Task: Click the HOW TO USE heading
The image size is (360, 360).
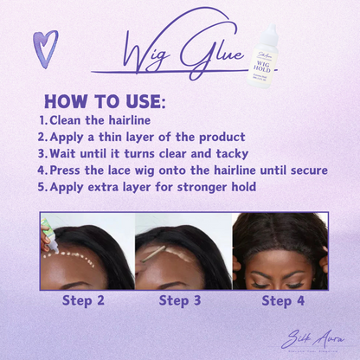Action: click(105, 101)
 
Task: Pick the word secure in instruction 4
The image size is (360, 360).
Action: click(304, 170)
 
